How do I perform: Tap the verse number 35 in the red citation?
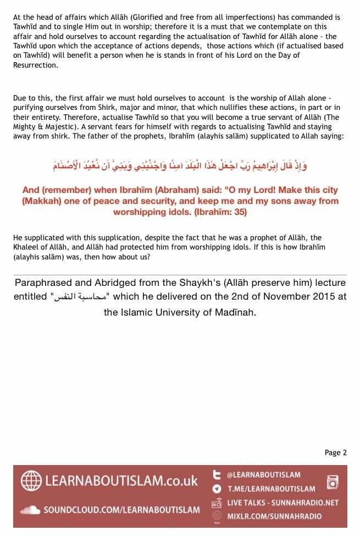click(239, 212)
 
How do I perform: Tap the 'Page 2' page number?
click(335, 452)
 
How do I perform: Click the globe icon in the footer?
click(31, 480)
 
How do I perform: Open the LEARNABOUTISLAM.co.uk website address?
click(121, 480)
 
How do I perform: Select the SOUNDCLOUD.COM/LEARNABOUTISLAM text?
click(121, 510)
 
